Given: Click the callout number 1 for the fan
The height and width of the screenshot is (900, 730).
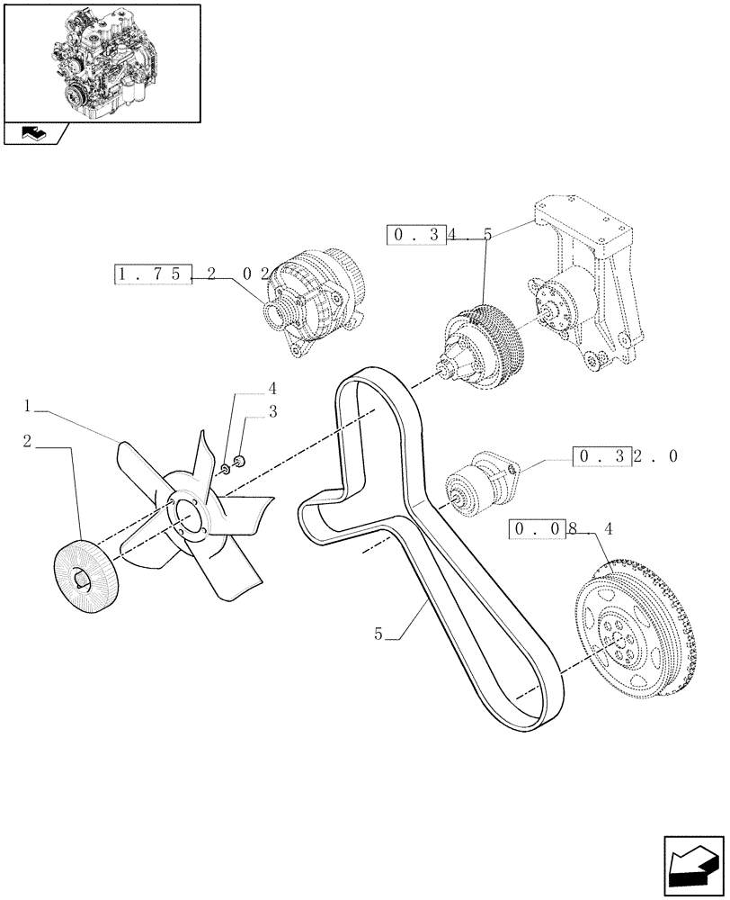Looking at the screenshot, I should pos(29,407).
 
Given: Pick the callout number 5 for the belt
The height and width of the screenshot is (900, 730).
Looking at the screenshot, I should pos(379,634).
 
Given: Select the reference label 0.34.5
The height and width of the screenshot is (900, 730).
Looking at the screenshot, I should pos(440,236).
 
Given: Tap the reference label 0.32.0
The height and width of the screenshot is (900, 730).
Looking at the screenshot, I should pos(624,456).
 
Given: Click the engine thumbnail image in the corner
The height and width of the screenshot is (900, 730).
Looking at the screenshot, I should pos(102,61).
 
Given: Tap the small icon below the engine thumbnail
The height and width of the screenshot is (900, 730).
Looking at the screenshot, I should pos(34,135).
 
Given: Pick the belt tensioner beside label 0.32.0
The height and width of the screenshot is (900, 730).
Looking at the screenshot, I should pos(476,483).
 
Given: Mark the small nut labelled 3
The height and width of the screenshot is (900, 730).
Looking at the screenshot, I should pos(239,463).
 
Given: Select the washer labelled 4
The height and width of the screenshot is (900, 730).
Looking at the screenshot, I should pos(224,468).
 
